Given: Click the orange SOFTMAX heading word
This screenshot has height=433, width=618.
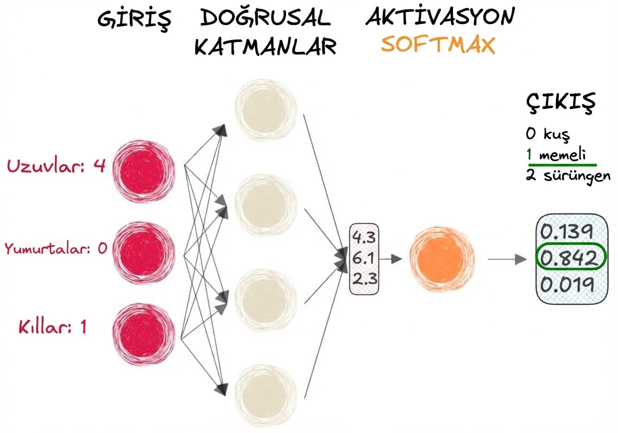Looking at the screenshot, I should (x=437, y=45).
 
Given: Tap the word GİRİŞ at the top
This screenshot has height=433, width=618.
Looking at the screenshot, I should (x=134, y=19).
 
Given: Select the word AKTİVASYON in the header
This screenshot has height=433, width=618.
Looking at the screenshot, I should (x=440, y=18).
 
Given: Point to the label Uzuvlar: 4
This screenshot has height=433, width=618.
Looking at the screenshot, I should (x=56, y=166).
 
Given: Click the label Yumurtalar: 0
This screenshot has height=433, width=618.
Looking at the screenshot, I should (x=56, y=249).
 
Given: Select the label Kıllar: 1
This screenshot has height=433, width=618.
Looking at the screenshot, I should (x=53, y=328).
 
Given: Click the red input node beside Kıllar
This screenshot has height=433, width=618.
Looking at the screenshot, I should (x=143, y=331).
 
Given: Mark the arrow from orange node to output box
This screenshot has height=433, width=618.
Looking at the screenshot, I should (x=507, y=259).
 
